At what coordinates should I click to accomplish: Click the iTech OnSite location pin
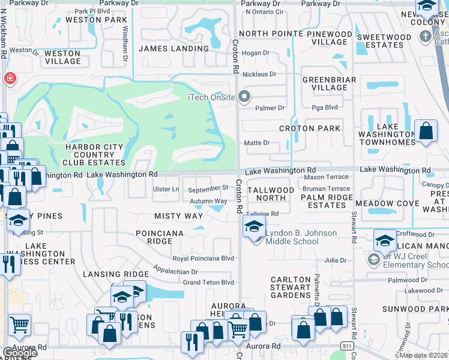coord(244,96)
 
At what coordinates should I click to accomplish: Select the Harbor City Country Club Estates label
coord(95,155)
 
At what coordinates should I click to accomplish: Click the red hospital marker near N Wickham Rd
coord(10,78)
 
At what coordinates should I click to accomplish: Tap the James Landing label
coord(174,49)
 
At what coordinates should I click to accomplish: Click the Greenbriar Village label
coord(329,83)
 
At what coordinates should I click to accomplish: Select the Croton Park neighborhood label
coord(309,128)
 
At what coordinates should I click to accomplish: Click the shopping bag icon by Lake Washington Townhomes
coord(426,131)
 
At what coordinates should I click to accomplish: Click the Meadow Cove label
coord(390,203)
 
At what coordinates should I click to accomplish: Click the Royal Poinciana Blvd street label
coord(203,259)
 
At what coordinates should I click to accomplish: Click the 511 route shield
coord(347,346)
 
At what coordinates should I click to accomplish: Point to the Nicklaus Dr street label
coord(259,74)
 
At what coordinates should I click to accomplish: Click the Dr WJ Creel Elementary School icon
coord(373,259)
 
